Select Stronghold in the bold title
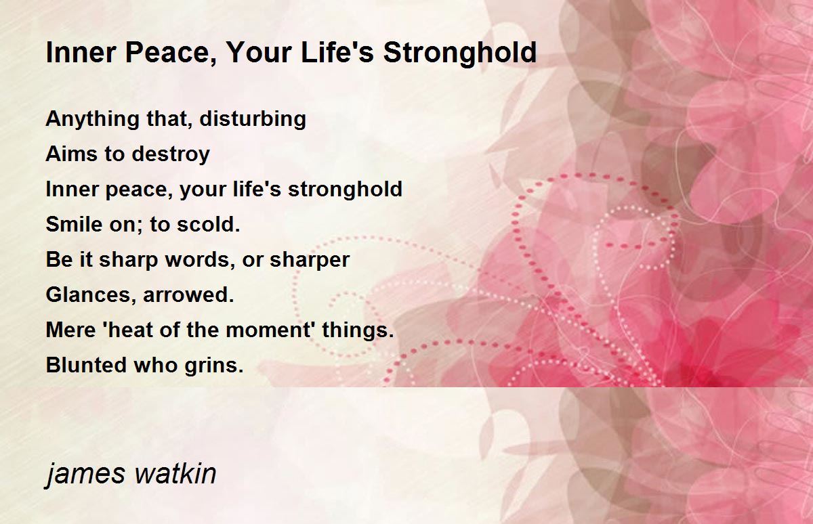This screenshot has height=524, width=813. click(x=460, y=53)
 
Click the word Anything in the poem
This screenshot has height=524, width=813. click(x=93, y=120)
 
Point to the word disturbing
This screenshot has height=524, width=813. click(x=253, y=120)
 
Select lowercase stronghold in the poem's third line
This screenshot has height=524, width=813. click(x=345, y=190)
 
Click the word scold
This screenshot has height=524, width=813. click(x=209, y=224)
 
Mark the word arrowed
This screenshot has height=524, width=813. click(x=188, y=295)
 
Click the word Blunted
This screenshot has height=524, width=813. click(x=87, y=365)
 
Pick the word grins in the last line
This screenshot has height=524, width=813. click(x=214, y=366)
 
